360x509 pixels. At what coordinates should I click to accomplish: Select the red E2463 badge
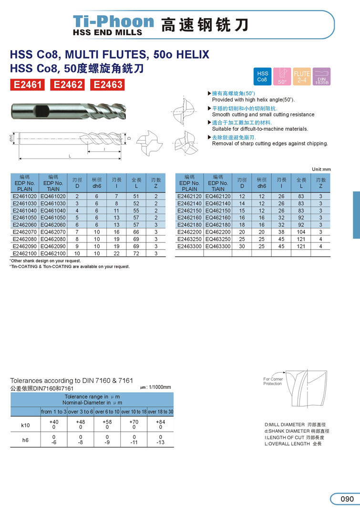(x=108, y=85)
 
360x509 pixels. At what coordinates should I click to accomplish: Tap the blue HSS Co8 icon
(x=263, y=76)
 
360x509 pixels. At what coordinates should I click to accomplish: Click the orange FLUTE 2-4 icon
(x=302, y=76)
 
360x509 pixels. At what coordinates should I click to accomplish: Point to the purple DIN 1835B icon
(x=322, y=76)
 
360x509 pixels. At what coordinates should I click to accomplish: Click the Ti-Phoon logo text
(x=113, y=21)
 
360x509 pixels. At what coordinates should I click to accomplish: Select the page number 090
(x=347, y=499)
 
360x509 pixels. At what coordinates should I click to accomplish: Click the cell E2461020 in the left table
(x=24, y=196)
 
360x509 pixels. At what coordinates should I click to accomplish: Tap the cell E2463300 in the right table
(x=190, y=246)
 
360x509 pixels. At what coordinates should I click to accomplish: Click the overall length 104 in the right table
(x=301, y=232)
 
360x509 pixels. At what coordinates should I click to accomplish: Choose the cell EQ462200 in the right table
(x=218, y=232)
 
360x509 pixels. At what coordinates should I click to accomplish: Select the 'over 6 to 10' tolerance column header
(x=107, y=411)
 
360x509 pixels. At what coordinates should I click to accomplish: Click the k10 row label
(x=25, y=425)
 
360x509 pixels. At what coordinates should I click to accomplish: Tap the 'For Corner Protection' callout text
(x=273, y=381)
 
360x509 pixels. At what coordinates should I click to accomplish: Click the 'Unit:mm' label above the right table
(x=321, y=169)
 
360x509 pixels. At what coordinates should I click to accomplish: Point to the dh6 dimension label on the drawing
(x=11, y=138)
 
